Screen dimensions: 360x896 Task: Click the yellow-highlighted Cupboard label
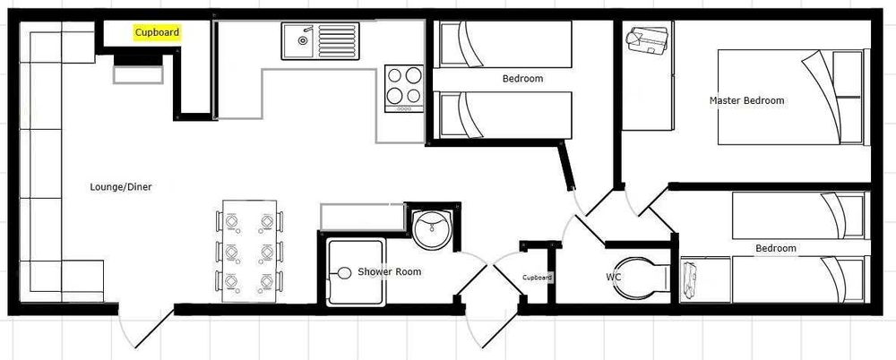click(157, 33)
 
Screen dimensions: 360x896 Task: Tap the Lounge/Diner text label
click(120, 187)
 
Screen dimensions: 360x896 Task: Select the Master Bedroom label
click(746, 100)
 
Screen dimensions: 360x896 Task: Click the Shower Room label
click(389, 271)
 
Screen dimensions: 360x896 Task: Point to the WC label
click(614, 278)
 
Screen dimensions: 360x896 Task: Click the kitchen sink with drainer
click(318, 39)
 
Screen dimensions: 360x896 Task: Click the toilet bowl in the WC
click(646, 276)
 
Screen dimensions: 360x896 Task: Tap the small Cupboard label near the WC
click(538, 278)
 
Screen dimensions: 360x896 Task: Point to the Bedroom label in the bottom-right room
click(775, 248)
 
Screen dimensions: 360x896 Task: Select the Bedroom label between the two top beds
click(522, 79)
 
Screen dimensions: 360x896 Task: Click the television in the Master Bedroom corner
click(650, 41)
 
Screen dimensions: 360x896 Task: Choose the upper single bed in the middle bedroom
click(504, 44)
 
